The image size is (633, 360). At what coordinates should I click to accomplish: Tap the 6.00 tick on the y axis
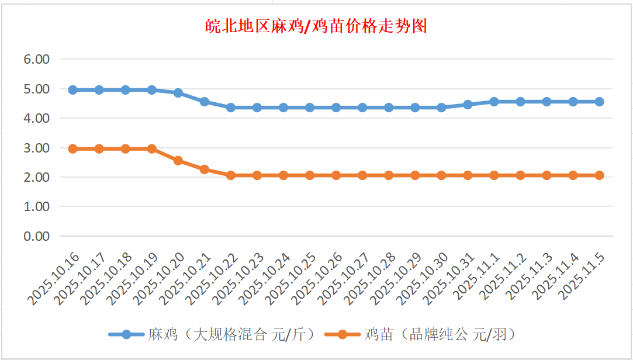tap(36, 59)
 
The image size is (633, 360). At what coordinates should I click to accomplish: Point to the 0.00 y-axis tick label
tap(36, 236)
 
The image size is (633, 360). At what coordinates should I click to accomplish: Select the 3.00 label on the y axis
tap(36, 148)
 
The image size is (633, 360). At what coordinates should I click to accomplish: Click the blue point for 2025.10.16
tap(73, 90)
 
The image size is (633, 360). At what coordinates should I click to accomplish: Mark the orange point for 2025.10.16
tap(73, 149)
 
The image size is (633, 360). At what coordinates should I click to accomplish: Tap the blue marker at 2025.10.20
tap(178, 93)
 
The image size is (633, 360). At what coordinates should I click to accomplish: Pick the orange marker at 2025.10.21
tap(205, 169)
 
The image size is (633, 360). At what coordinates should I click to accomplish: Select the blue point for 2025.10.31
tap(468, 105)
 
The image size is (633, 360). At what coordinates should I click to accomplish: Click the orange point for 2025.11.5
tap(599, 175)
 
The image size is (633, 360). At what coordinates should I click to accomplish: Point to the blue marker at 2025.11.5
tap(599, 102)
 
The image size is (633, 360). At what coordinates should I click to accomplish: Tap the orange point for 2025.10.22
tap(231, 175)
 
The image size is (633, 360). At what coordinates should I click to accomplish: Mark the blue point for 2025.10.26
tap(336, 108)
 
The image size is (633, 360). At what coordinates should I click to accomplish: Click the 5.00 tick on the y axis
tap(36, 89)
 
